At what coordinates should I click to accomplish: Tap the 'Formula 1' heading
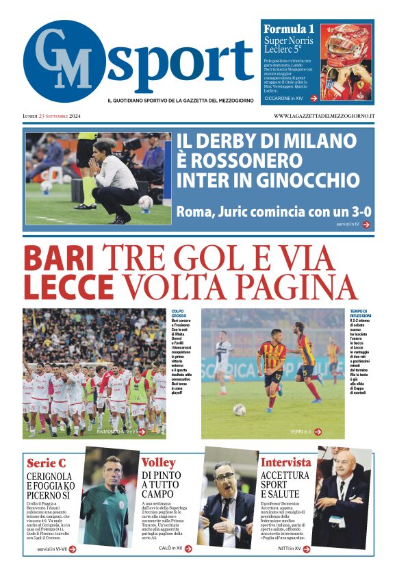point(289,29)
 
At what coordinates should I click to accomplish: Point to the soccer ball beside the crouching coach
point(145,202)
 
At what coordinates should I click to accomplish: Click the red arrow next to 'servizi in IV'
point(367,224)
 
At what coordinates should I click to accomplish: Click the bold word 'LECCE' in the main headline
point(68,287)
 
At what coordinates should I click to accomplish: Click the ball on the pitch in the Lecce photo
point(239,409)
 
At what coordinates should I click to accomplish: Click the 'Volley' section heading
point(158,462)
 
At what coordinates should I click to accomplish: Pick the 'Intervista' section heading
point(285,462)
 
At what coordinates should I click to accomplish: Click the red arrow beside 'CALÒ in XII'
point(190,549)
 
